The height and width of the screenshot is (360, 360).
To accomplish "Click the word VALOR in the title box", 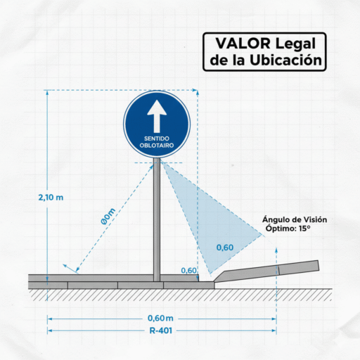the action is click(x=243, y=44).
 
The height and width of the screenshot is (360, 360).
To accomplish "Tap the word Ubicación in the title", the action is click(x=285, y=60).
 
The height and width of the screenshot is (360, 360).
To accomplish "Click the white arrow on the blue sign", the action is click(x=157, y=116).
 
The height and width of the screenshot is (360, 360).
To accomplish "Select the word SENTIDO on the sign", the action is click(x=157, y=139).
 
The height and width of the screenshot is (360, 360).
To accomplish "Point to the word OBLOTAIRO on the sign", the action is click(x=157, y=146).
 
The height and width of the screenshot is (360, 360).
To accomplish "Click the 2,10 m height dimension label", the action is click(x=51, y=198).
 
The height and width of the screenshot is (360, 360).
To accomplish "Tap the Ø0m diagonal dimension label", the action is click(x=108, y=217).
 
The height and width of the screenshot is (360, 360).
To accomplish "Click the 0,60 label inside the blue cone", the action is click(x=225, y=247).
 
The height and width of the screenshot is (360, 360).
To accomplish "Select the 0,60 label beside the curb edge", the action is click(x=188, y=271).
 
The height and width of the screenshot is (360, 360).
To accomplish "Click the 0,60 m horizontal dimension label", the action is click(x=160, y=319).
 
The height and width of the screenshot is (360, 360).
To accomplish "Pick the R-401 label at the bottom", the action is click(x=161, y=330).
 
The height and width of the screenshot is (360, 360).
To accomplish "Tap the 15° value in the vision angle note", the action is click(x=304, y=229).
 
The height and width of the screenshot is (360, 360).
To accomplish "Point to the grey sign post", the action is click(x=157, y=219).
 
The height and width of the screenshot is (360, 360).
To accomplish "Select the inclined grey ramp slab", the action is click(x=267, y=271).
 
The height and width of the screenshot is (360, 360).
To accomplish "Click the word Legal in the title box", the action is click(x=295, y=44).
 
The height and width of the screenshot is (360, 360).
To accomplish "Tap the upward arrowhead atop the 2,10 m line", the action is click(x=47, y=92).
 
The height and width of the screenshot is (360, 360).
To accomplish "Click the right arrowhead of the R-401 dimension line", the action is click(x=274, y=330).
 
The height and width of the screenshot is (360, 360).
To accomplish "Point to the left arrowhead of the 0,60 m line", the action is click(x=50, y=319).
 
